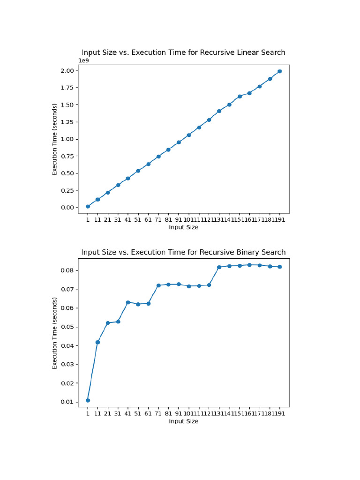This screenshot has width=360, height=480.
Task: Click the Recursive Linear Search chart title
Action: pos(183,52)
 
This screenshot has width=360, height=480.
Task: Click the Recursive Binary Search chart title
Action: pos(183,252)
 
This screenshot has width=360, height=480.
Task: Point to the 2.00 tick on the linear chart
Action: pos(67,70)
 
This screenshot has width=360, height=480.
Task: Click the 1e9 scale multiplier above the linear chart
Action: pos(83,61)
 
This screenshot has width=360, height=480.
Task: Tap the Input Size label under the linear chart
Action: pos(183,227)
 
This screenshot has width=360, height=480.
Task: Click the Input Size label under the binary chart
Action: pos(183,421)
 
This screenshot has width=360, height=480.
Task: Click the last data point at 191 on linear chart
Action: pos(280,71)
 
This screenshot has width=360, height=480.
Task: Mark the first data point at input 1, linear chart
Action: pos(88,206)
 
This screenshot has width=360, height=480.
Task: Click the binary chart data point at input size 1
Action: pos(88,400)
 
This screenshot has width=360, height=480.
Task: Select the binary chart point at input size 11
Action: pos(97,342)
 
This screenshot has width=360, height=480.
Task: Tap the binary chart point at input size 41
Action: pos(128,302)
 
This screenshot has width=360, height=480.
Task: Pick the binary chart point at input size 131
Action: pos(219,267)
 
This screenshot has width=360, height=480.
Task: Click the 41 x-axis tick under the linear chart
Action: pos(128,219)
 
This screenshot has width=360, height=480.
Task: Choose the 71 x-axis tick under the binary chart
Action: pos(158,413)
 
